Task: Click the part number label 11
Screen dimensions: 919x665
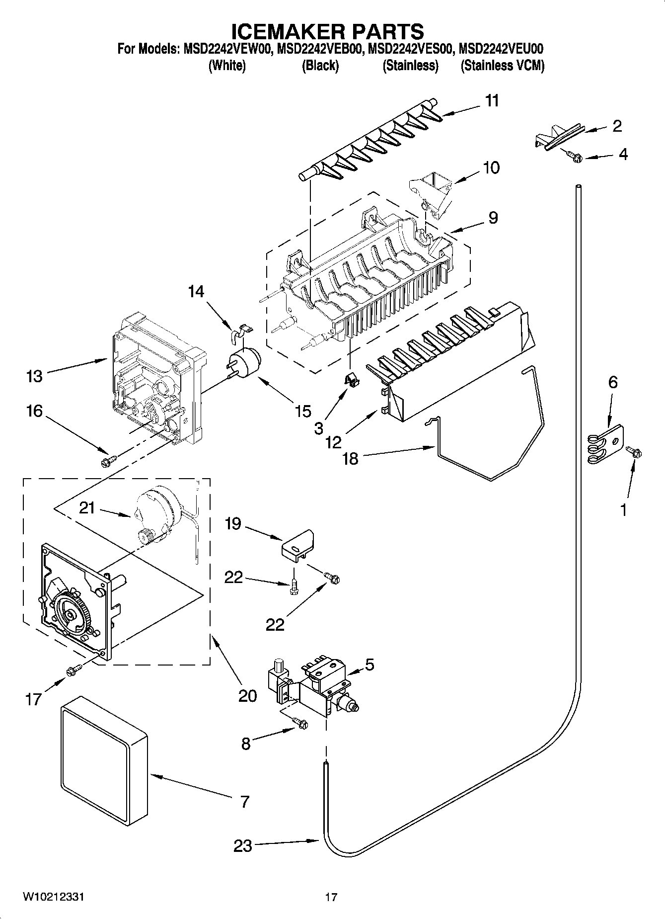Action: (x=492, y=101)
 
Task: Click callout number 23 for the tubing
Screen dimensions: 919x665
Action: (x=243, y=845)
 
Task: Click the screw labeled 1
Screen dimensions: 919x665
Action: (x=634, y=452)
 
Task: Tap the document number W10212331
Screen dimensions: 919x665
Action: (x=54, y=897)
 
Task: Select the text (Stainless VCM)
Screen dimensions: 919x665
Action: (x=502, y=66)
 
